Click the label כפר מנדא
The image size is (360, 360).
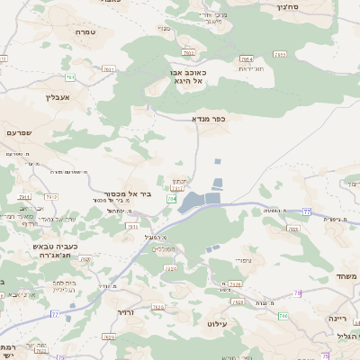208,118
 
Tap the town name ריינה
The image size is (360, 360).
337,318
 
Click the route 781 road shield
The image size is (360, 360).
70,78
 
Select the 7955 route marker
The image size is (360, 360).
279,55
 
